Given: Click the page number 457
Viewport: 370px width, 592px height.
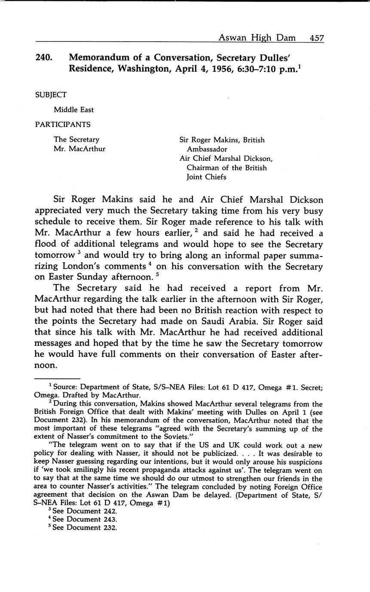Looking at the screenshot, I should tap(316, 38).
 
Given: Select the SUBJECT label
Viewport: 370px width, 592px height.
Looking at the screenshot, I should tap(51, 95).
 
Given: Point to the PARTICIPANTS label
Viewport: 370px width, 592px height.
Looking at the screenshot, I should tap(63, 124).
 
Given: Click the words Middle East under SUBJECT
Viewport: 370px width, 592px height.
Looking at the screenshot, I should tap(73, 110).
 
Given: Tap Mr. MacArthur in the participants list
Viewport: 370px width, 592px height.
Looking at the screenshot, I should tap(80, 149).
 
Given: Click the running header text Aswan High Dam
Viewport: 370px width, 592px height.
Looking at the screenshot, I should tap(257, 38).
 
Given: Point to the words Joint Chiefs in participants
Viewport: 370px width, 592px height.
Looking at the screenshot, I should tap(206, 177).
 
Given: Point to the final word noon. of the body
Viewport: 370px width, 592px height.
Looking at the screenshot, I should tap(45, 366).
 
